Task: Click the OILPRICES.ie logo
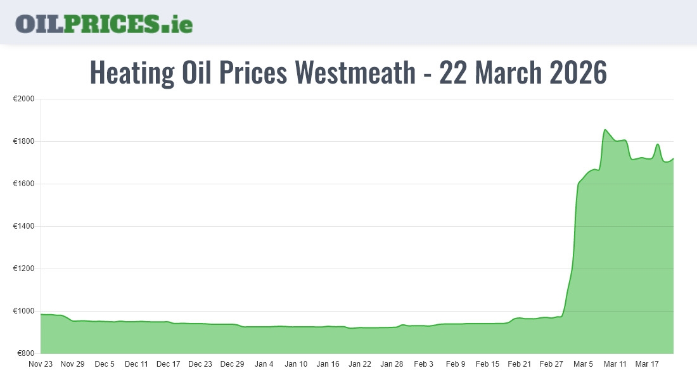[104, 23]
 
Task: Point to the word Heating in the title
[132, 72]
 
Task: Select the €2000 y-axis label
[23, 99]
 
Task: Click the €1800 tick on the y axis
[23, 141]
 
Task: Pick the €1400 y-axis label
[23, 226]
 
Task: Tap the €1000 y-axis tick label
[23, 311]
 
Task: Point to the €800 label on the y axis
[25, 353]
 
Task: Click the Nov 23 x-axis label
[41, 364]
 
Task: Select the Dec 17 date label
[168, 364]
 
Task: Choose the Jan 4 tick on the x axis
[264, 364]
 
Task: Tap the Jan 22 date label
[359, 364]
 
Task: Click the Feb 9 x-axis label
[456, 364]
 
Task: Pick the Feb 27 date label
[551, 364]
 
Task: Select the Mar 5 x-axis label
[583, 364]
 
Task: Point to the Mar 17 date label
[647, 364]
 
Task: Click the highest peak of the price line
[605, 130]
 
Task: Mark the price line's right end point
[673, 158]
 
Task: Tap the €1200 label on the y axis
[23, 269]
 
